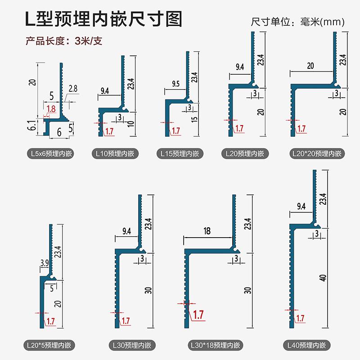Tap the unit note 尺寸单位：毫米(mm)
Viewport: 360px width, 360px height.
coord(297,22)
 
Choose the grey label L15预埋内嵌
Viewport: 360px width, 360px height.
coord(180,154)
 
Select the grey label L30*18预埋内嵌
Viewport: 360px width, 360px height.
coord(214,346)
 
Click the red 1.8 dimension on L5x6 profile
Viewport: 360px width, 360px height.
coord(51,108)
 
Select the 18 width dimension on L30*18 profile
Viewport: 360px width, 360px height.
coord(207,231)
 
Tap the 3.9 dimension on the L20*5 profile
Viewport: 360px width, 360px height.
coord(45,262)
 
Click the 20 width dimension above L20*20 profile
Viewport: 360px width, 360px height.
coord(310,65)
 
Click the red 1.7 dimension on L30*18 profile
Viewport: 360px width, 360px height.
coord(198,314)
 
